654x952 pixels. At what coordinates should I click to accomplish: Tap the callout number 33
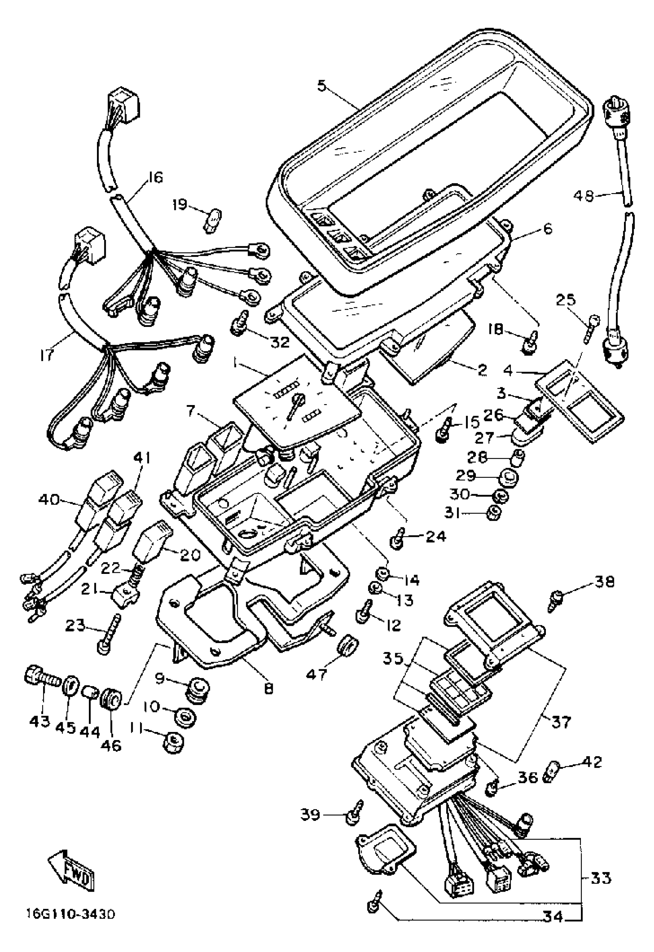(601, 877)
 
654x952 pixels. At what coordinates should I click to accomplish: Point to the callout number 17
(47, 354)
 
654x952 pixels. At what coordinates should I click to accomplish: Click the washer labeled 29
(508, 477)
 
